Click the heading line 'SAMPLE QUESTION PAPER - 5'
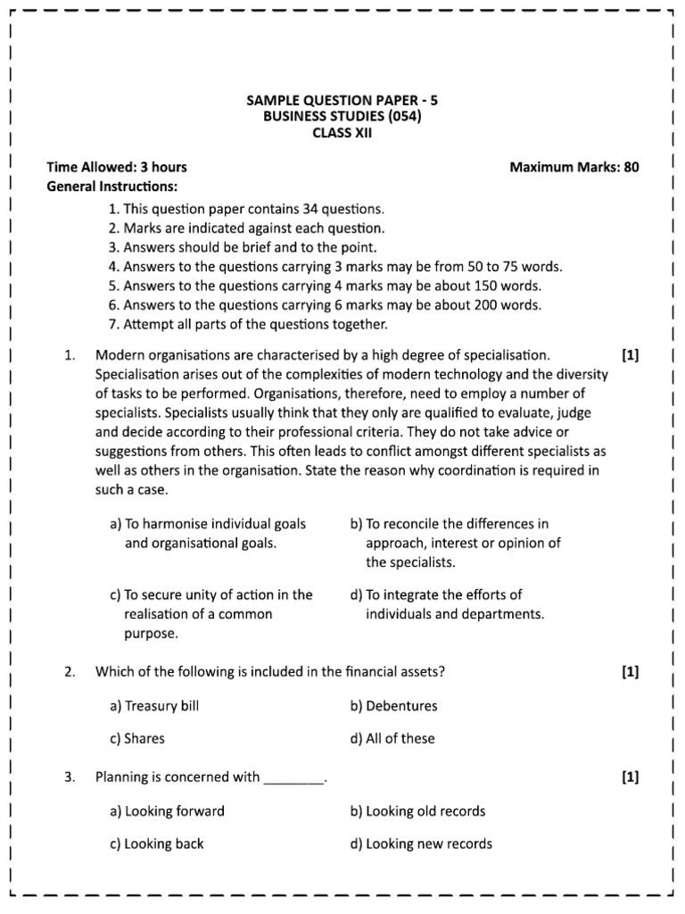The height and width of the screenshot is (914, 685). point(342,100)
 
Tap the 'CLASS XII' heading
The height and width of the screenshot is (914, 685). point(342,133)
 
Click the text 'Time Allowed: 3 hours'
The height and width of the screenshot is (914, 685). point(117,167)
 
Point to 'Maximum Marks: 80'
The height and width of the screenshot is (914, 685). point(574,167)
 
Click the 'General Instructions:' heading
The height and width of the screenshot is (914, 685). point(111,187)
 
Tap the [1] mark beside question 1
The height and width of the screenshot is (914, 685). point(631,354)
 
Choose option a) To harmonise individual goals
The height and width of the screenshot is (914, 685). point(208,533)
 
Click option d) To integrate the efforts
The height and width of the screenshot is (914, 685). point(447,604)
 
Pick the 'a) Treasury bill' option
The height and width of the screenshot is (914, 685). point(154,706)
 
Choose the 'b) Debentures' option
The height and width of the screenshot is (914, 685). point(394,706)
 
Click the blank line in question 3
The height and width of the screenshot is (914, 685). point(294,777)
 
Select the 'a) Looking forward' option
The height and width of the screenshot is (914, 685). point(167,811)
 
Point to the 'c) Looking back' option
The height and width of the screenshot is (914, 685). point(157,843)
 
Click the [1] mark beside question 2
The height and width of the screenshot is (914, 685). point(631,672)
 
